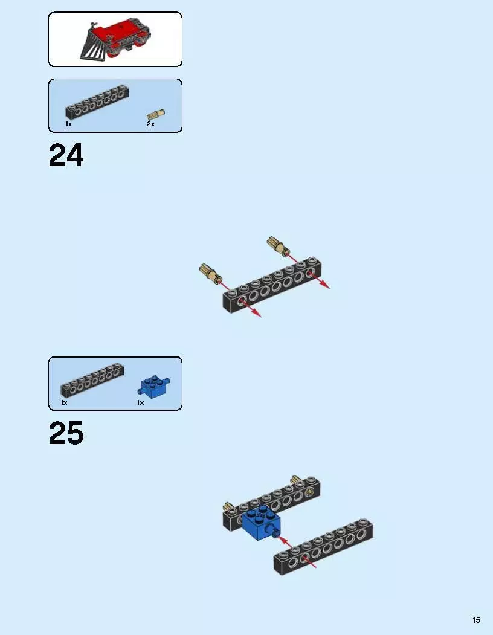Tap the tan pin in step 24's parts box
tap(156, 114)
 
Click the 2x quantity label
tap(150, 124)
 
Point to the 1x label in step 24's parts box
tap(69, 124)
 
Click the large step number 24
tap(66, 155)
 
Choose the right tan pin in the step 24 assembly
tap(279, 246)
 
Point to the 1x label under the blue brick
tap(140, 402)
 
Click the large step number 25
tap(66, 433)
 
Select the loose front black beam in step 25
tap(323, 547)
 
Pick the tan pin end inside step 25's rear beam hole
tap(310, 492)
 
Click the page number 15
tap(477, 620)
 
